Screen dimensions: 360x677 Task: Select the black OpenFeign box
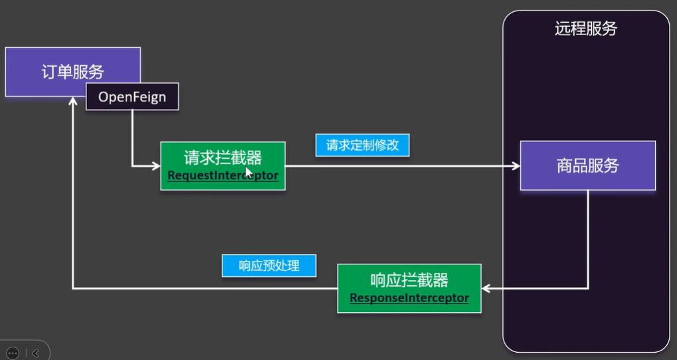pyautogui.click(x=132, y=97)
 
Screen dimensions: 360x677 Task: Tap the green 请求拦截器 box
pyautogui.click(x=223, y=165)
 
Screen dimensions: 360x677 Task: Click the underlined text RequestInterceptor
pyautogui.click(x=223, y=176)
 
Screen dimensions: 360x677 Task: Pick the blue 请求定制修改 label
pyautogui.click(x=362, y=145)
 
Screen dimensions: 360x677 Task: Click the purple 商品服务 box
pyautogui.click(x=587, y=165)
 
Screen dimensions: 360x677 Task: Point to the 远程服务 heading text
pyautogui.click(x=585, y=29)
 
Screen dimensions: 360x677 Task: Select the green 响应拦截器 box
pyautogui.click(x=409, y=288)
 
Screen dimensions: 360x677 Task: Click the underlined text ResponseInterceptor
pyautogui.click(x=409, y=298)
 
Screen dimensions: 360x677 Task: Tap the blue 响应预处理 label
pyautogui.click(x=268, y=266)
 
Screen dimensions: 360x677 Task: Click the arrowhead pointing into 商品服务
pyautogui.click(x=516, y=165)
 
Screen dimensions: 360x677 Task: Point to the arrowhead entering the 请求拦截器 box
pyautogui.click(x=156, y=165)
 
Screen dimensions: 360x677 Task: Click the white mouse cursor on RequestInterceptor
pyautogui.click(x=248, y=172)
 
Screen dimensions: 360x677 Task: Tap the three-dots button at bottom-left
pyautogui.click(x=13, y=353)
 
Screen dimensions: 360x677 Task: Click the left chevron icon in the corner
pyautogui.click(x=35, y=353)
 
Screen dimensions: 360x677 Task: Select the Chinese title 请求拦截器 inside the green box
pyautogui.click(x=223, y=157)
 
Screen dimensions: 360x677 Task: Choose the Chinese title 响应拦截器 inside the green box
pyautogui.click(x=409, y=279)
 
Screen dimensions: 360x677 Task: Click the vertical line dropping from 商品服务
pyautogui.click(x=588, y=239)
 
